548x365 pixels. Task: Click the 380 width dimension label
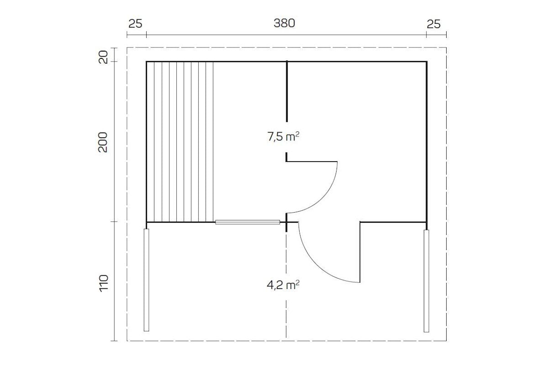pyautogui.click(x=284, y=23)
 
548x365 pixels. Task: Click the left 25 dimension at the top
pyautogui.click(x=135, y=24)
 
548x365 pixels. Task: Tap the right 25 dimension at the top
pyautogui.click(x=433, y=24)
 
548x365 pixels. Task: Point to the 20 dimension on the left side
pyautogui.click(x=103, y=57)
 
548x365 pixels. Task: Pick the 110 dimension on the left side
pyautogui.click(x=104, y=283)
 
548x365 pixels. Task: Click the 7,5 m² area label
pyautogui.click(x=283, y=136)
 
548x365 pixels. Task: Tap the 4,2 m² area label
pyautogui.click(x=283, y=285)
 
